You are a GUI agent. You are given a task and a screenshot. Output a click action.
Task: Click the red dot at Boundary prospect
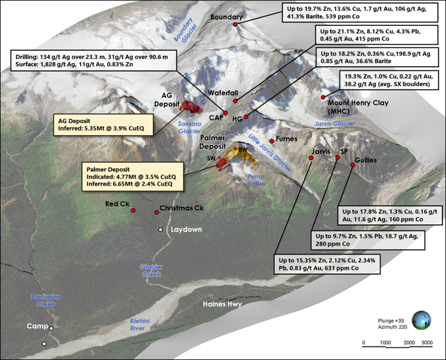(x=235, y=25)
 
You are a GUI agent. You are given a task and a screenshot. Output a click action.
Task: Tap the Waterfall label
(x=222, y=93)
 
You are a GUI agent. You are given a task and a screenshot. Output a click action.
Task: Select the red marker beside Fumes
(x=271, y=140)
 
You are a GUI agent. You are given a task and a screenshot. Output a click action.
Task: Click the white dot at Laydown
(x=160, y=229)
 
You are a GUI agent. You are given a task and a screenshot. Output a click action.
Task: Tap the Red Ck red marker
(x=133, y=210)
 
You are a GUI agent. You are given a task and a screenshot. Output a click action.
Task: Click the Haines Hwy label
(x=222, y=305)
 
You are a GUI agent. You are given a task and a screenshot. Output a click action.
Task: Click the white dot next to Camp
(x=51, y=328)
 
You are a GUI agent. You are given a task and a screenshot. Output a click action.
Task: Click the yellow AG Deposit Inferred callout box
(x=96, y=126)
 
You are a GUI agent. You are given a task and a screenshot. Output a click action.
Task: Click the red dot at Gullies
(x=352, y=165)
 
